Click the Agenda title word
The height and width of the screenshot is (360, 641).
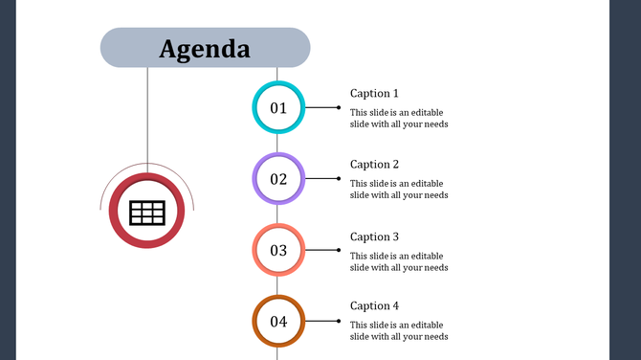point(205,49)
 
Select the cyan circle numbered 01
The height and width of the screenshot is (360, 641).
point(278,108)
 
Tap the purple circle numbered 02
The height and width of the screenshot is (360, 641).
point(278,179)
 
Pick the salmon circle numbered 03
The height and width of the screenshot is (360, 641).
point(278,251)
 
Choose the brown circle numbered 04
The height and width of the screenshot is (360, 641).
point(278,322)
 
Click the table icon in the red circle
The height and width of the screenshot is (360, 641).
point(147,213)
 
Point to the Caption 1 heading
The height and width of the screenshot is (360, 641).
point(374,94)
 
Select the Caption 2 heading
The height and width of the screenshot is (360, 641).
point(374,165)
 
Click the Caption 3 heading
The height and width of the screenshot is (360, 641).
point(374,236)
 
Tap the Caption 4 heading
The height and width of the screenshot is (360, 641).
point(374,306)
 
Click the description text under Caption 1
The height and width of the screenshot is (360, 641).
point(399,118)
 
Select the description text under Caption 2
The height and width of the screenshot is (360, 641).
point(399,189)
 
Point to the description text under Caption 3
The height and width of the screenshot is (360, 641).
point(399,261)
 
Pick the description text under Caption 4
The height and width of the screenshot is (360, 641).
point(399,330)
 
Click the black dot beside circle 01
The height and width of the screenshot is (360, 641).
point(338,107)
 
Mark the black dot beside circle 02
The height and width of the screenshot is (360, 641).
point(338,179)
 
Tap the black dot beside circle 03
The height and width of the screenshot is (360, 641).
point(338,250)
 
